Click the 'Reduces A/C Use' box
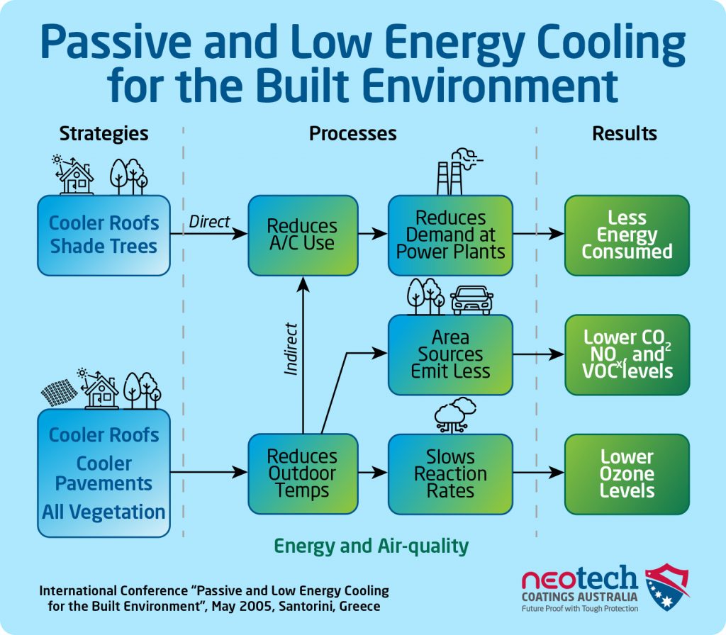point(303,235)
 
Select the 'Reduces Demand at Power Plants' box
point(450,235)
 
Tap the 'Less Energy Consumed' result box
point(627,235)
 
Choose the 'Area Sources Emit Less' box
point(450,355)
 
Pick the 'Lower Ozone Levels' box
point(627,474)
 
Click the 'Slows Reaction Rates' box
point(450,474)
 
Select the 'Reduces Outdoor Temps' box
point(303,474)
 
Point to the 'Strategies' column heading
point(104,134)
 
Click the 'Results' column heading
point(624,133)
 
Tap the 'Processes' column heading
point(353,133)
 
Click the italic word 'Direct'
point(209,222)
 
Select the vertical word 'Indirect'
point(290,349)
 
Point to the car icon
point(471,300)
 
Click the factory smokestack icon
point(459,172)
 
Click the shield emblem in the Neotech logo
point(666,587)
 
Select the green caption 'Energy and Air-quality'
point(371,546)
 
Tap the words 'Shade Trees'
point(104,246)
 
